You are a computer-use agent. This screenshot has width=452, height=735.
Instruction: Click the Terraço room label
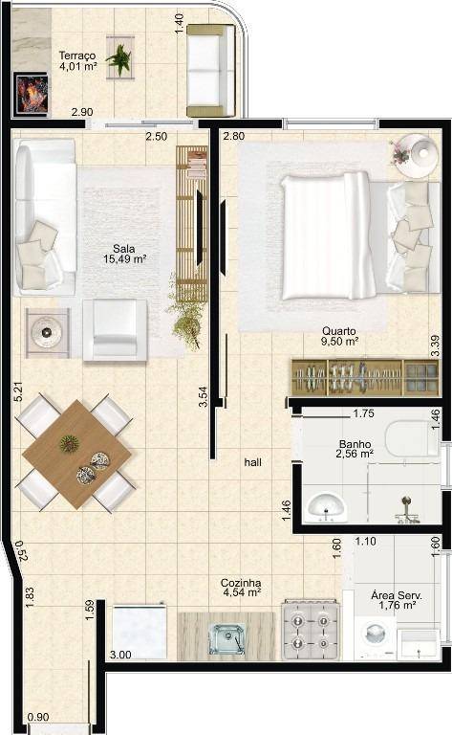tap(77, 56)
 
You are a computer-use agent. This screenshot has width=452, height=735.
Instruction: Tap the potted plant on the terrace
tap(119, 58)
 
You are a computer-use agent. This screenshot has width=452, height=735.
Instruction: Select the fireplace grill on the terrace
tap(32, 94)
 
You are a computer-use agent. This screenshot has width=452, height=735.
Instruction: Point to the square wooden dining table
tap(76, 454)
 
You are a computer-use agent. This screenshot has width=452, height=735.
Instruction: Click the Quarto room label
tap(339, 331)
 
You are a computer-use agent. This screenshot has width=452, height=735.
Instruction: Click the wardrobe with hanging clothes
tap(365, 377)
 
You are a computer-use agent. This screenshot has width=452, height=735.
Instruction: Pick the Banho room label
tap(355, 444)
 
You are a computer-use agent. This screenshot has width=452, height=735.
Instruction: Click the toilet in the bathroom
tap(412, 438)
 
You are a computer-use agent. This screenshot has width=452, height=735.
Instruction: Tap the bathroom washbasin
tap(326, 507)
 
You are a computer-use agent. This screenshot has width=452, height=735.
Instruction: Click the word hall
tap(252, 462)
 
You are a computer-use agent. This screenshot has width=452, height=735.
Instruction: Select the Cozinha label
tap(241, 583)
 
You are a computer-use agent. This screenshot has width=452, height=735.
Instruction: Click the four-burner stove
tap(310, 630)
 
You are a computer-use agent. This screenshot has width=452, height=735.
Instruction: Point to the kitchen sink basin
tap(226, 638)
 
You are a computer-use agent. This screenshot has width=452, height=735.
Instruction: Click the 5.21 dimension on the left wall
tap(19, 390)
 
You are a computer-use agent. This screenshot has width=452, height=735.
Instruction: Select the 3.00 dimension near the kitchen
tap(120, 655)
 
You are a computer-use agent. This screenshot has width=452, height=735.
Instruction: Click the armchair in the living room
tap(115, 329)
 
